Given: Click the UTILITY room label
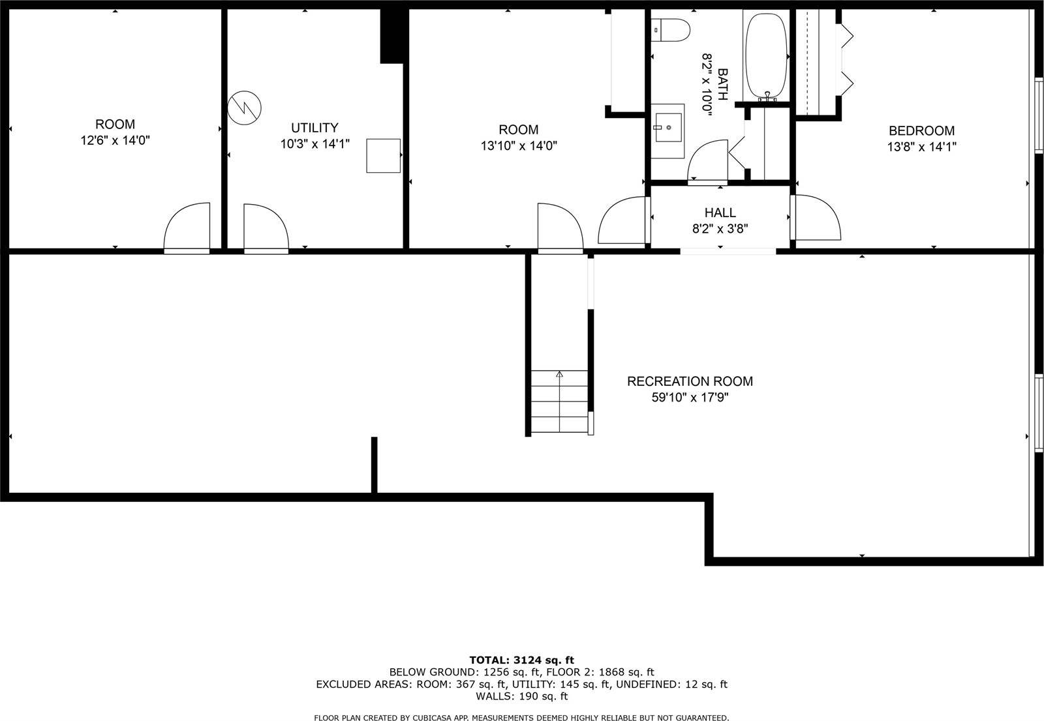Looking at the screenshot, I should [315, 128].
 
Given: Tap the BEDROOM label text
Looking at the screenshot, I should [921, 130].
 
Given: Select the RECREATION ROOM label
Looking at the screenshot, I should [690, 381].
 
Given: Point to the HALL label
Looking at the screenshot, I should [720, 213].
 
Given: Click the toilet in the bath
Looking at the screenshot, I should [672, 30].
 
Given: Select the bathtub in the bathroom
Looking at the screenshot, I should [767, 55].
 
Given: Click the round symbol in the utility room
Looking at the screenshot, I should [245, 108].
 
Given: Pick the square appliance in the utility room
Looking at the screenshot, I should [383, 155].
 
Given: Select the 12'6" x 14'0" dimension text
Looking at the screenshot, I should [115, 140].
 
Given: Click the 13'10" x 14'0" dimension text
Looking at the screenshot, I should [519, 146].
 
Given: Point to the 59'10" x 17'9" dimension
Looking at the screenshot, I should [690, 398].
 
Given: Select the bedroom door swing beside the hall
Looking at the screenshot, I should [815, 218].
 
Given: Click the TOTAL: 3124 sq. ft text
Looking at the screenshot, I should [521, 660].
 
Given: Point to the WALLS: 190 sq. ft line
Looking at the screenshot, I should [521, 696].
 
